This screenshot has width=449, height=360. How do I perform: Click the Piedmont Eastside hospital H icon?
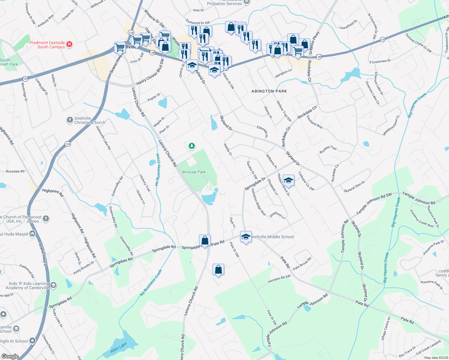pos(69,44)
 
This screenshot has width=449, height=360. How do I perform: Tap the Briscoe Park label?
pos(194,172)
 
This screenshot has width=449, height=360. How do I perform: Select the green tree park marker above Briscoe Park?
pos(191,146)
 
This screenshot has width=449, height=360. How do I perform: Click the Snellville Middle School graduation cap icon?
pos(246,237)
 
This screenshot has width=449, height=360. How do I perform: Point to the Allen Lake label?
pos(119,348)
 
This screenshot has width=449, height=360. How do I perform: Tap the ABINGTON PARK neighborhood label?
pos(269,91)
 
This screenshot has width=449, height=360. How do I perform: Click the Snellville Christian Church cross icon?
pos(70,120)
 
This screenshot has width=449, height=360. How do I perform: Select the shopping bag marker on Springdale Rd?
pos(205,241)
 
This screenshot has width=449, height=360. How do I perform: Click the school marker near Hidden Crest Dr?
pos(288,180)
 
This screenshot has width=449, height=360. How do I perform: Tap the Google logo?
pos(10,356)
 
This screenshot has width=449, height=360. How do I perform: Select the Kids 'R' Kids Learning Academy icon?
pos(53,285)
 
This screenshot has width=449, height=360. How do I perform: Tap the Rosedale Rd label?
pos(15,171)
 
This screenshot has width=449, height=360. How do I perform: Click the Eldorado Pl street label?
pos(262,132)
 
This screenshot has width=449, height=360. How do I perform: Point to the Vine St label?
pos(198,10)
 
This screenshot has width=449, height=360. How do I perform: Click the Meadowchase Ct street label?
pos(392,126)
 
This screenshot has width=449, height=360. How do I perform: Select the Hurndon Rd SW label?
pos(279,279)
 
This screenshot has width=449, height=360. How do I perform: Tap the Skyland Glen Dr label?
pos(354,187)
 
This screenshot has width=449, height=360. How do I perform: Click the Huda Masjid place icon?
pos(33,234)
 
